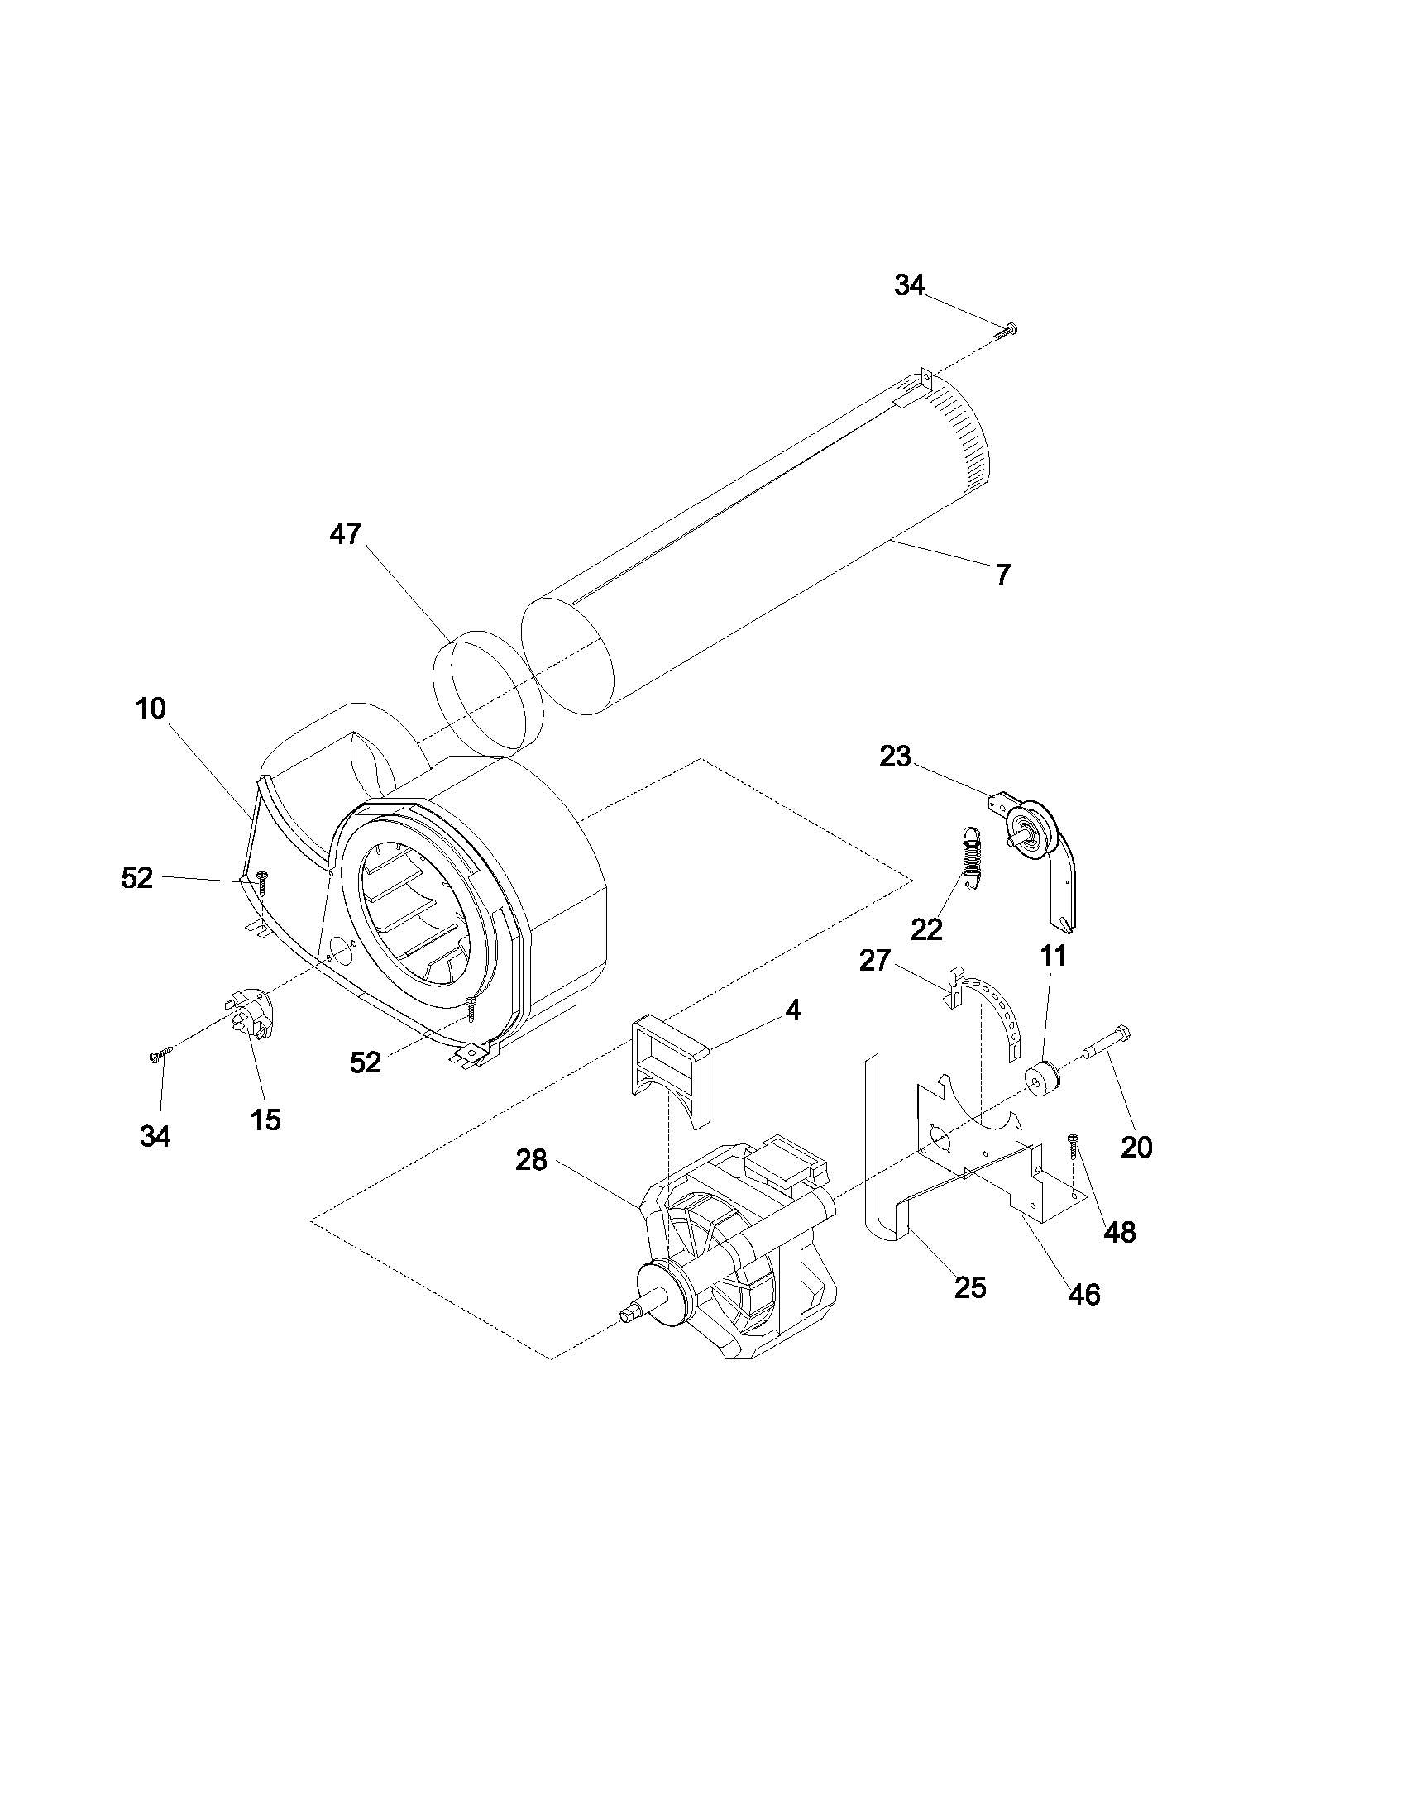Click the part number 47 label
coord(345,534)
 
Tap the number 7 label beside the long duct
coord(1003,574)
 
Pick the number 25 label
coord(969,1287)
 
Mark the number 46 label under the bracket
coord(1083,1294)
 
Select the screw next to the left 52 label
coord(261,881)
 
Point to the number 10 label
coord(151,709)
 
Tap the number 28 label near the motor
coord(531,1159)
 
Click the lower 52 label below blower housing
coord(365,1062)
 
